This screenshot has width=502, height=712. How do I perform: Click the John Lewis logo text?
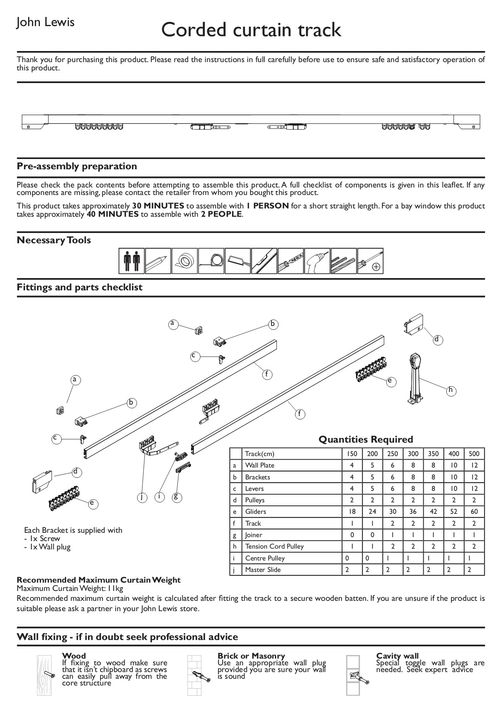(x=45, y=22)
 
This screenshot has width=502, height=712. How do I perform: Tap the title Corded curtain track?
(x=251, y=30)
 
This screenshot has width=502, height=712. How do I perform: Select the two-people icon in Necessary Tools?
(x=132, y=261)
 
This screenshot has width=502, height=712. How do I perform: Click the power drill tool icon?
(x=317, y=261)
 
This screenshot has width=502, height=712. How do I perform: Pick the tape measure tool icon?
(x=211, y=261)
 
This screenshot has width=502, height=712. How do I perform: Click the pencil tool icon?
(x=158, y=261)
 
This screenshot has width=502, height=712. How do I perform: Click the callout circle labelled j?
(x=142, y=497)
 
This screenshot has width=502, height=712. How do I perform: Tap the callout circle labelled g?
(x=176, y=497)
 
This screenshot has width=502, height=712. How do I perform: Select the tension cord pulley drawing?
(x=415, y=378)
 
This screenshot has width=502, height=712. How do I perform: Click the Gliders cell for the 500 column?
(x=474, y=511)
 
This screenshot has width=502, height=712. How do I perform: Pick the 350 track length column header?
(x=433, y=454)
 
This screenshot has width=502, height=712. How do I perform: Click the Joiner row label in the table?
(x=254, y=535)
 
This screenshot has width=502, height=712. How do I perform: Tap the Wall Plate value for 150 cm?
(x=352, y=465)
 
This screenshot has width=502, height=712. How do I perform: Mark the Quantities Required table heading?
(x=366, y=439)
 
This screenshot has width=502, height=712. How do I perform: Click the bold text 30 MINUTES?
(x=158, y=206)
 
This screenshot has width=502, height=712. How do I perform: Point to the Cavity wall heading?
(x=397, y=656)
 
